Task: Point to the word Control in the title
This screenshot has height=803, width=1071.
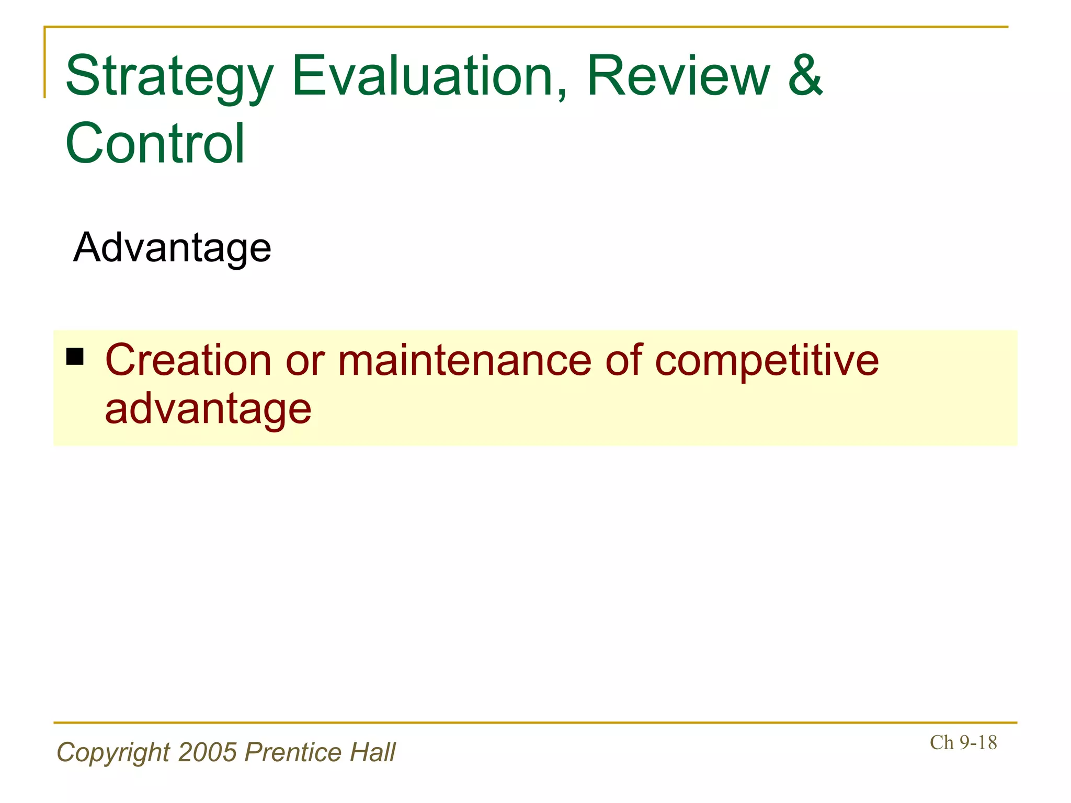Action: tap(155, 143)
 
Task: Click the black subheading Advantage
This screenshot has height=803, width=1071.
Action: tap(172, 247)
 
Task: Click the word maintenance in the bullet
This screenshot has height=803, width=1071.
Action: tap(465, 360)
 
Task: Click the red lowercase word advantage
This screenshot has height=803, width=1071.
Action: tap(208, 409)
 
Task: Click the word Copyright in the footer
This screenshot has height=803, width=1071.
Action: tap(113, 753)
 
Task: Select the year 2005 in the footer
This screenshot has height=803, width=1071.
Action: tap(208, 752)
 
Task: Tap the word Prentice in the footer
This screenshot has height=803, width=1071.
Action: tap(293, 752)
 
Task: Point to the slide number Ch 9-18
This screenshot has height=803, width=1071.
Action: tap(963, 742)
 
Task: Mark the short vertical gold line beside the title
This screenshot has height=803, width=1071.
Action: tap(45, 63)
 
